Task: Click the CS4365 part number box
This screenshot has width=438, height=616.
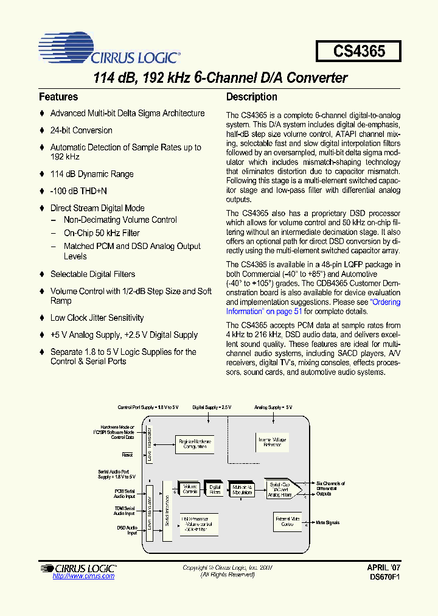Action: (359, 51)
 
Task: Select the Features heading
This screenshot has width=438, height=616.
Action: (58, 97)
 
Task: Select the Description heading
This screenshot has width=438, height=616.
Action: (251, 97)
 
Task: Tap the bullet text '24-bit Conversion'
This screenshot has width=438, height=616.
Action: (81, 130)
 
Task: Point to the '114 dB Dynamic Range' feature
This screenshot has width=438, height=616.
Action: (91, 174)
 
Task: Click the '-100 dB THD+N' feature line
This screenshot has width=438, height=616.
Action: (83, 191)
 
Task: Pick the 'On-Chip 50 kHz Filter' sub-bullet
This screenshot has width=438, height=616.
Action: (102, 233)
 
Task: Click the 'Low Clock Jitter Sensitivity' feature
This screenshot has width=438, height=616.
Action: (97, 318)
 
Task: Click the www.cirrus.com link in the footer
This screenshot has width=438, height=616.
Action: (83, 576)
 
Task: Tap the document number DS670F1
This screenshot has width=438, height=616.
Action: (383, 576)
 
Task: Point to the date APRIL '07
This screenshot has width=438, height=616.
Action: (383, 567)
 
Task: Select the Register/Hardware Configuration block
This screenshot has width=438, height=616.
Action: (195, 444)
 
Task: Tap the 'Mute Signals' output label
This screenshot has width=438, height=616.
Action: (328, 522)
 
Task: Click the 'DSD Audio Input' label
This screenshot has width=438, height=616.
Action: (127, 530)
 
